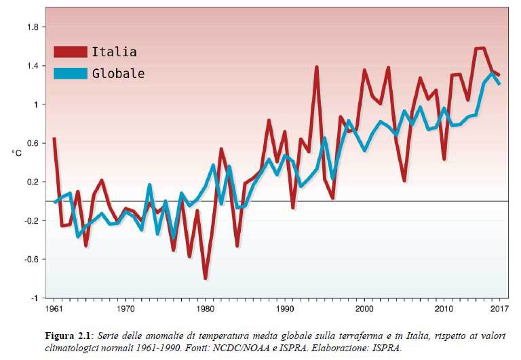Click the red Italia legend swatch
[x=71, y=52]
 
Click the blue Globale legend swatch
[x=71, y=73]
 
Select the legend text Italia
[x=114, y=52]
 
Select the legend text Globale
[x=118, y=74]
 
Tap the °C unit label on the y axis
[x=17, y=155]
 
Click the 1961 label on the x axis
[x=54, y=310]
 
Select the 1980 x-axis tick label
[x=205, y=310]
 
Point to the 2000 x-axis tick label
[x=364, y=310]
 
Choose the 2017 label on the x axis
[x=499, y=310]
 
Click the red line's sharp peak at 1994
[x=317, y=67]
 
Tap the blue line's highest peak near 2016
[x=492, y=73]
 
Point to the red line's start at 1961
[x=54, y=138]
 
